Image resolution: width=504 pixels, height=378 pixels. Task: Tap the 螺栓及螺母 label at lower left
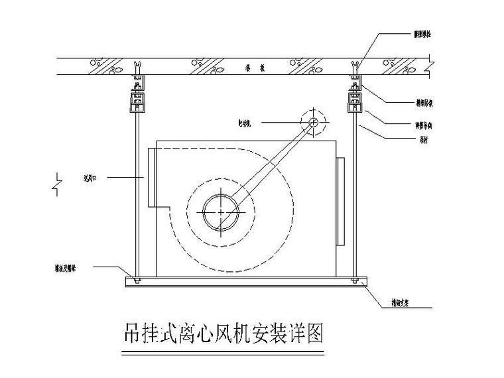tap(68, 268)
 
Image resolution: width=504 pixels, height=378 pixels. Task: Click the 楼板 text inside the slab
tap(245, 68)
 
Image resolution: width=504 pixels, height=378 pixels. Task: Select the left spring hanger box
tap(137, 103)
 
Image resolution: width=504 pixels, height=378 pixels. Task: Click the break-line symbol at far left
tap(58, 182)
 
